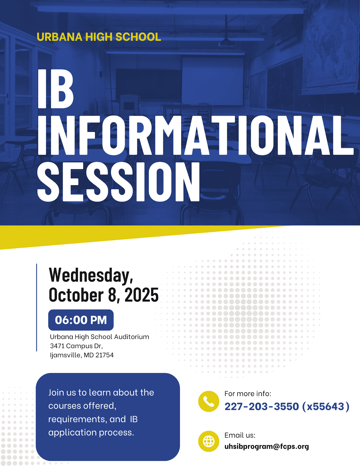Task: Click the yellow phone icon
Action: [x=208, y=401]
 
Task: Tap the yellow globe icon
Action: [x=208, y=441]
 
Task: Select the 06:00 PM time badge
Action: [x=81, y=320]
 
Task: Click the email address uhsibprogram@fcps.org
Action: [x=267, y=446]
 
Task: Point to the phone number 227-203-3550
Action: [x=262, y=406]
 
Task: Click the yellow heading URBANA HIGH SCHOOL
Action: [x=99, y=37]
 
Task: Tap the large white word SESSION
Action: [x=118, y=182]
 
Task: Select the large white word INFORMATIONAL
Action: [x=195, y=135]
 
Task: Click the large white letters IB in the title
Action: [x=56, y=89]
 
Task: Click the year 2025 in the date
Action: [x=141, y=295]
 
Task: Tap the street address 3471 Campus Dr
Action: [x=76, y=346]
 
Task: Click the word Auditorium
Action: [x=131, y=337]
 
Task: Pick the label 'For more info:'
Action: [x=248, y=394]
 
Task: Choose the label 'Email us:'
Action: [x=240, y=435]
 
